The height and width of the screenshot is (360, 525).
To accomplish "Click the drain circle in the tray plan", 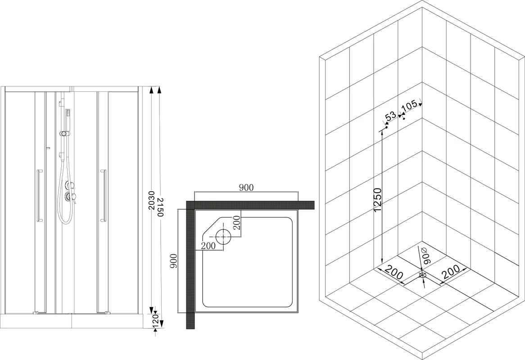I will [x=223, y=236].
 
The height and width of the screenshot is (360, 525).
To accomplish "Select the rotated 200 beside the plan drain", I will [x=237, y=223].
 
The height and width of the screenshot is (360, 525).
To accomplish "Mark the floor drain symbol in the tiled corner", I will [x=423, y=274].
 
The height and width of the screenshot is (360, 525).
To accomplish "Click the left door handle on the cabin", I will [x=39, y=196].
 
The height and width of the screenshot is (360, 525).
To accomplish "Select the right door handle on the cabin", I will [x=103, y=196].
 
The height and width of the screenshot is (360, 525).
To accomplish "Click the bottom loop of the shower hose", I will [x=65, y=220].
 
